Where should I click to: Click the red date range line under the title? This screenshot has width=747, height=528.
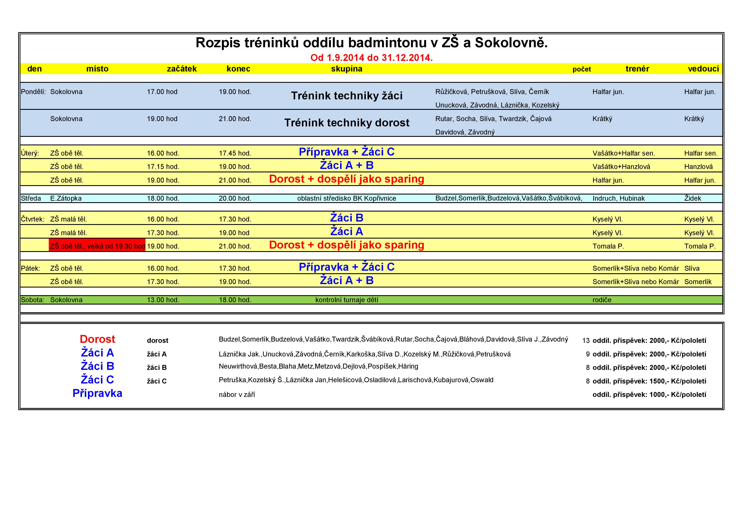coord(371,58)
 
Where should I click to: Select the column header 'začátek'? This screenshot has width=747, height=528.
coord(182,69)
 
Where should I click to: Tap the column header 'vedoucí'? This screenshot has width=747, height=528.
coord(703,69)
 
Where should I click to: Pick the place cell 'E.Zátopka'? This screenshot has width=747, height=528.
coord(66,199)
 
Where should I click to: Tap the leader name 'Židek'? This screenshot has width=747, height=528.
coord(693,199)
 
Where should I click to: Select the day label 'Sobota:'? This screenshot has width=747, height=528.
coord(33,300)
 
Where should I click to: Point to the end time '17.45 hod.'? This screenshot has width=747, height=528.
coord(235,153)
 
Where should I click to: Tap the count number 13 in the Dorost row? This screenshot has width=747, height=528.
coord(586,341)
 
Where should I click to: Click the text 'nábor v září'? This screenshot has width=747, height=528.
coord(237,395)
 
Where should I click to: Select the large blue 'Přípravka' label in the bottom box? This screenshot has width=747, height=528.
coord(97,393)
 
